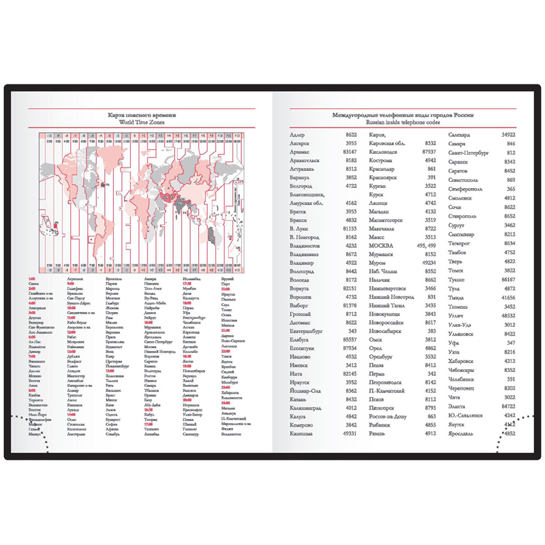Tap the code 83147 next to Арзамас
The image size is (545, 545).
point(347,152)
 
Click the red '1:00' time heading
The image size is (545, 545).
point(32,279)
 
